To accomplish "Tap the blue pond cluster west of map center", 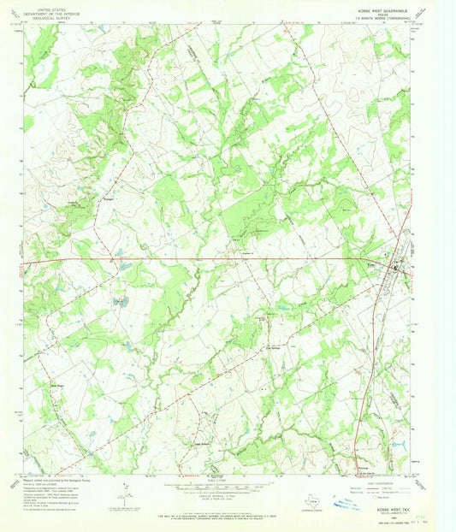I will (x=118, y=301).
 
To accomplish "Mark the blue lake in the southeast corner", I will (x=396, y=443).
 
